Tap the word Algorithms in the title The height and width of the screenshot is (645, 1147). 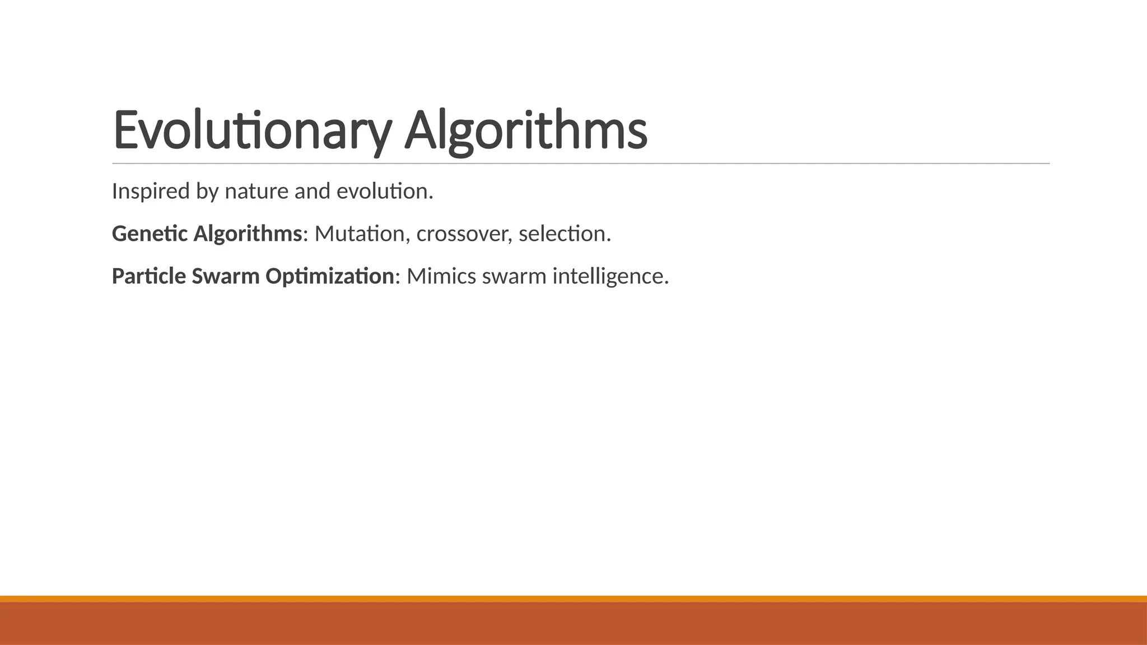coord(525,130)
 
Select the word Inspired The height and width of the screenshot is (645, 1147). coord(151,191)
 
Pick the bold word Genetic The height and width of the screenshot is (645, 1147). coord(150,234)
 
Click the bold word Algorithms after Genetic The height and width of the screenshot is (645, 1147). coord(248,234)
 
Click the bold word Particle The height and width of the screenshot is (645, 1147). coord(148,277)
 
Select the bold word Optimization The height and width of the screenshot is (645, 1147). coord(329,277)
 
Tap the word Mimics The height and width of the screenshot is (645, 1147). coord(441,277)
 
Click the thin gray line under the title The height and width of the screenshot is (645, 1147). coord(581,163)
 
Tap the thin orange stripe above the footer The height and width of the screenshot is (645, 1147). coord(573,599)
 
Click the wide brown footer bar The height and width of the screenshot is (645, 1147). coord(573,624)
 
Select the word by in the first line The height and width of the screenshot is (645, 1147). coord(207,191)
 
